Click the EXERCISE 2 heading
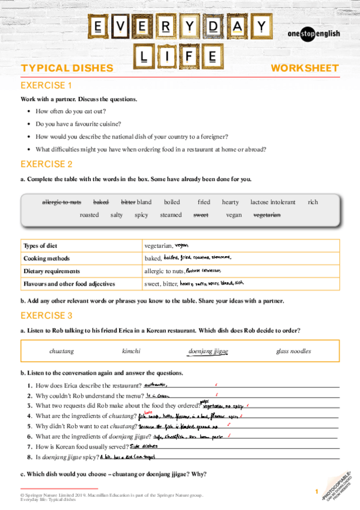tap(46, 164)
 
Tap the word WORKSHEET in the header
tap(305, 68)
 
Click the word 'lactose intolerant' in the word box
tap(273, 202)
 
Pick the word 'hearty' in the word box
tap(230, 202)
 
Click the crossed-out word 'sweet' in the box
tap(200, 215)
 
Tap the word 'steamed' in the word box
tap(171, 215)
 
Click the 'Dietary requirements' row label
tap(52, 271)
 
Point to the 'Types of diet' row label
tap(41, 245)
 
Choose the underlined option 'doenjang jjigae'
tap(208, 351)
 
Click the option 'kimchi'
tap(131, 351)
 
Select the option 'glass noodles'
tap(294, 351)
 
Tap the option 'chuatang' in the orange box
tap(61, 351)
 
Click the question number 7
tap(29, 447)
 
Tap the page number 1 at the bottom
tap(316, 493)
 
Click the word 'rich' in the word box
tap(313, 202)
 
